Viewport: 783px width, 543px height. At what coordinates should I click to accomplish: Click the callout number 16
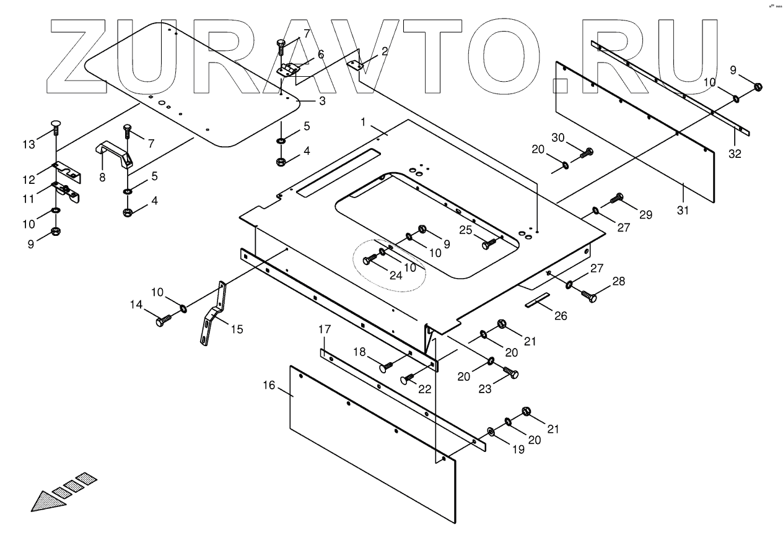(269, 385)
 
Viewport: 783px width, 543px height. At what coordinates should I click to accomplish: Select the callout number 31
(682, 211)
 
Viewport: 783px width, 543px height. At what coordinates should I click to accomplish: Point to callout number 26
(560, 316)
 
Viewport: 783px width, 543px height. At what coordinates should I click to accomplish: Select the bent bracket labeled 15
(212, 315)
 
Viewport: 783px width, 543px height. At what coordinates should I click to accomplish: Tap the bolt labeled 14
(164, 321)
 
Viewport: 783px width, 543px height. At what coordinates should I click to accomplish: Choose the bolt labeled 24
(370, 259)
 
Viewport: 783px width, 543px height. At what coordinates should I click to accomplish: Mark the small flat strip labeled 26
(538, 300)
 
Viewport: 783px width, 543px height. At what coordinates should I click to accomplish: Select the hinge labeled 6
(289, 69)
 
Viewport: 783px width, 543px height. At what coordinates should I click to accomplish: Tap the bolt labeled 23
(512, 373)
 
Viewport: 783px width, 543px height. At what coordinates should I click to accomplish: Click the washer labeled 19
(491, 430)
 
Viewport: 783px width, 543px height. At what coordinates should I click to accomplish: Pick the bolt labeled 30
(586, 152)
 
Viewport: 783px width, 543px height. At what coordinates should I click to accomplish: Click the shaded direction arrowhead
(48, 500)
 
